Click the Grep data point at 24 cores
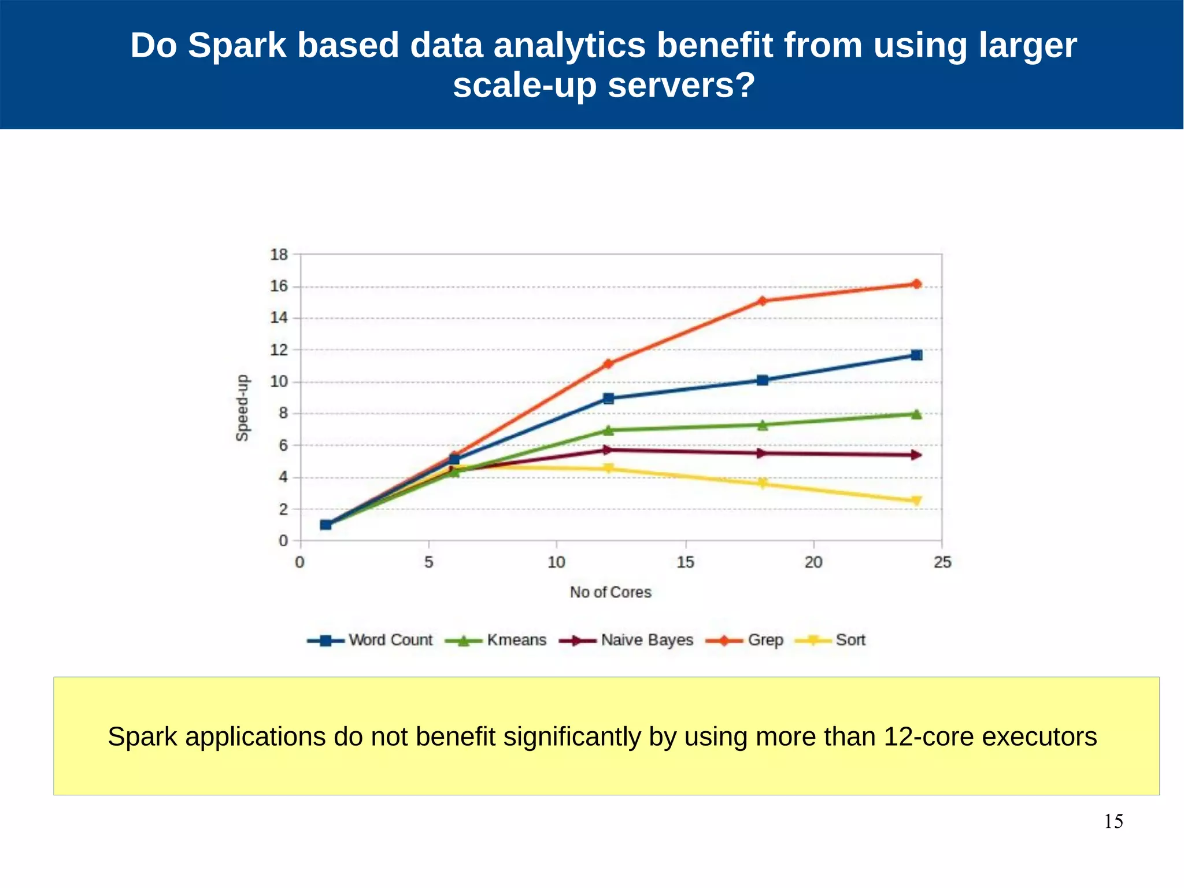click(916, 284)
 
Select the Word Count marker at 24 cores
click(916, 355)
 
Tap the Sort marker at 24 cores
click(916, 501)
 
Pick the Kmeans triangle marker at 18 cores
click(763, 425)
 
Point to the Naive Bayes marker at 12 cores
click(608, 449)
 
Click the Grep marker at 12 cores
click(608, 364)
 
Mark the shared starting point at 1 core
click(325, 525)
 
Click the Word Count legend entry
click(370, 640)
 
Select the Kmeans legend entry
click(496, 640)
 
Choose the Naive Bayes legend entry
click(627, 640)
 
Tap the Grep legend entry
click(745, 640)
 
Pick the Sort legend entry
click(831, 640)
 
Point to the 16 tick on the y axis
click(279, 286)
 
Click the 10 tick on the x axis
click(556, 562)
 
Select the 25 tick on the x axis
click(942, 562)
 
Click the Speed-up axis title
click(243, 408)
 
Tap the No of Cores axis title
click(610, 592)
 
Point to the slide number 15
click(1113, 821)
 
